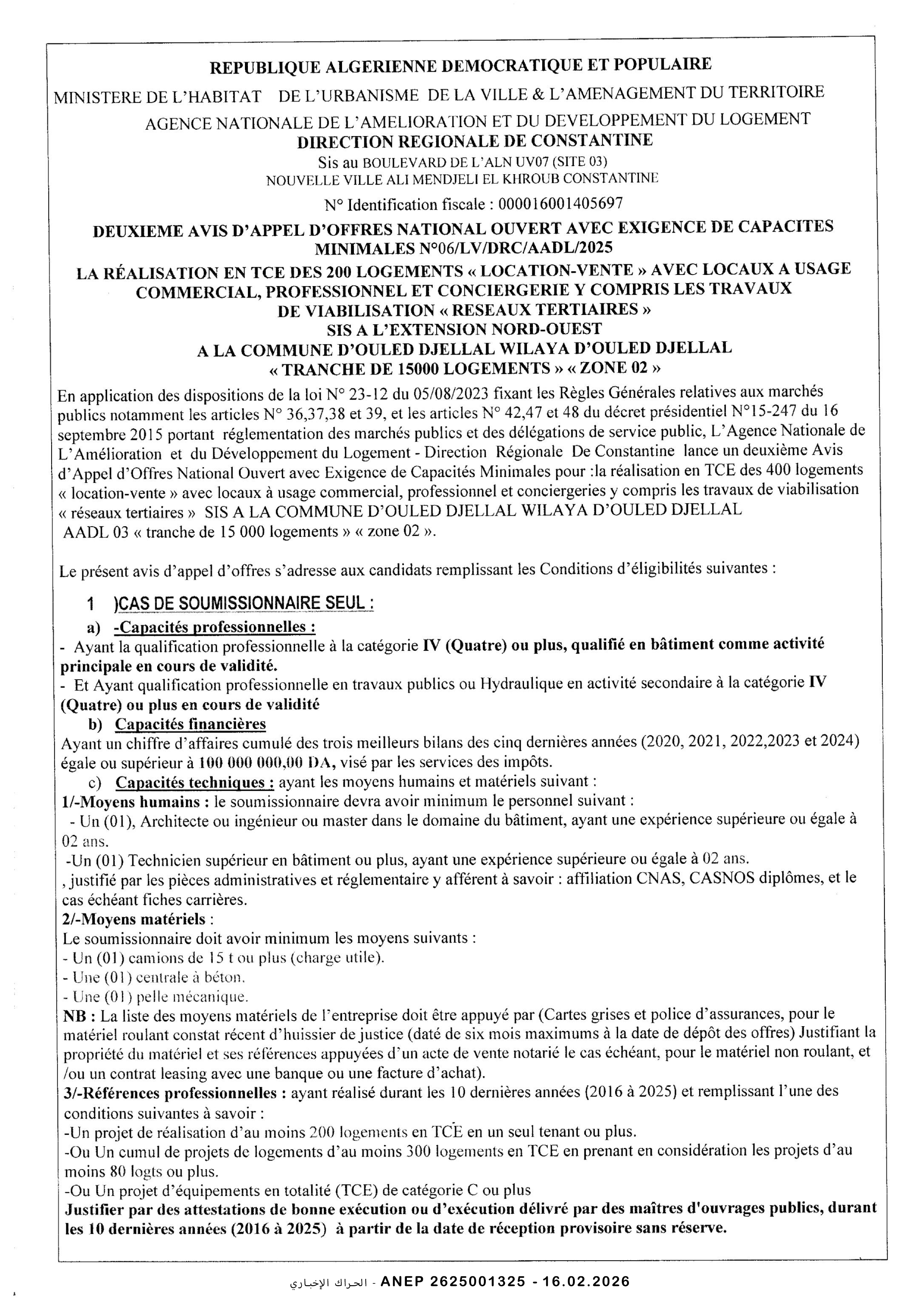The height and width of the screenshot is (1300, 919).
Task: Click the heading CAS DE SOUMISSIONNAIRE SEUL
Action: point(243,604)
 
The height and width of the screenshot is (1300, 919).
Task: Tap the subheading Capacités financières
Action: point(190,724)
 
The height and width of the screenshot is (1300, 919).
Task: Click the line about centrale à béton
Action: point(159,977)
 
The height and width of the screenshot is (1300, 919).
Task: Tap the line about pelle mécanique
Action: point(160,996)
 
